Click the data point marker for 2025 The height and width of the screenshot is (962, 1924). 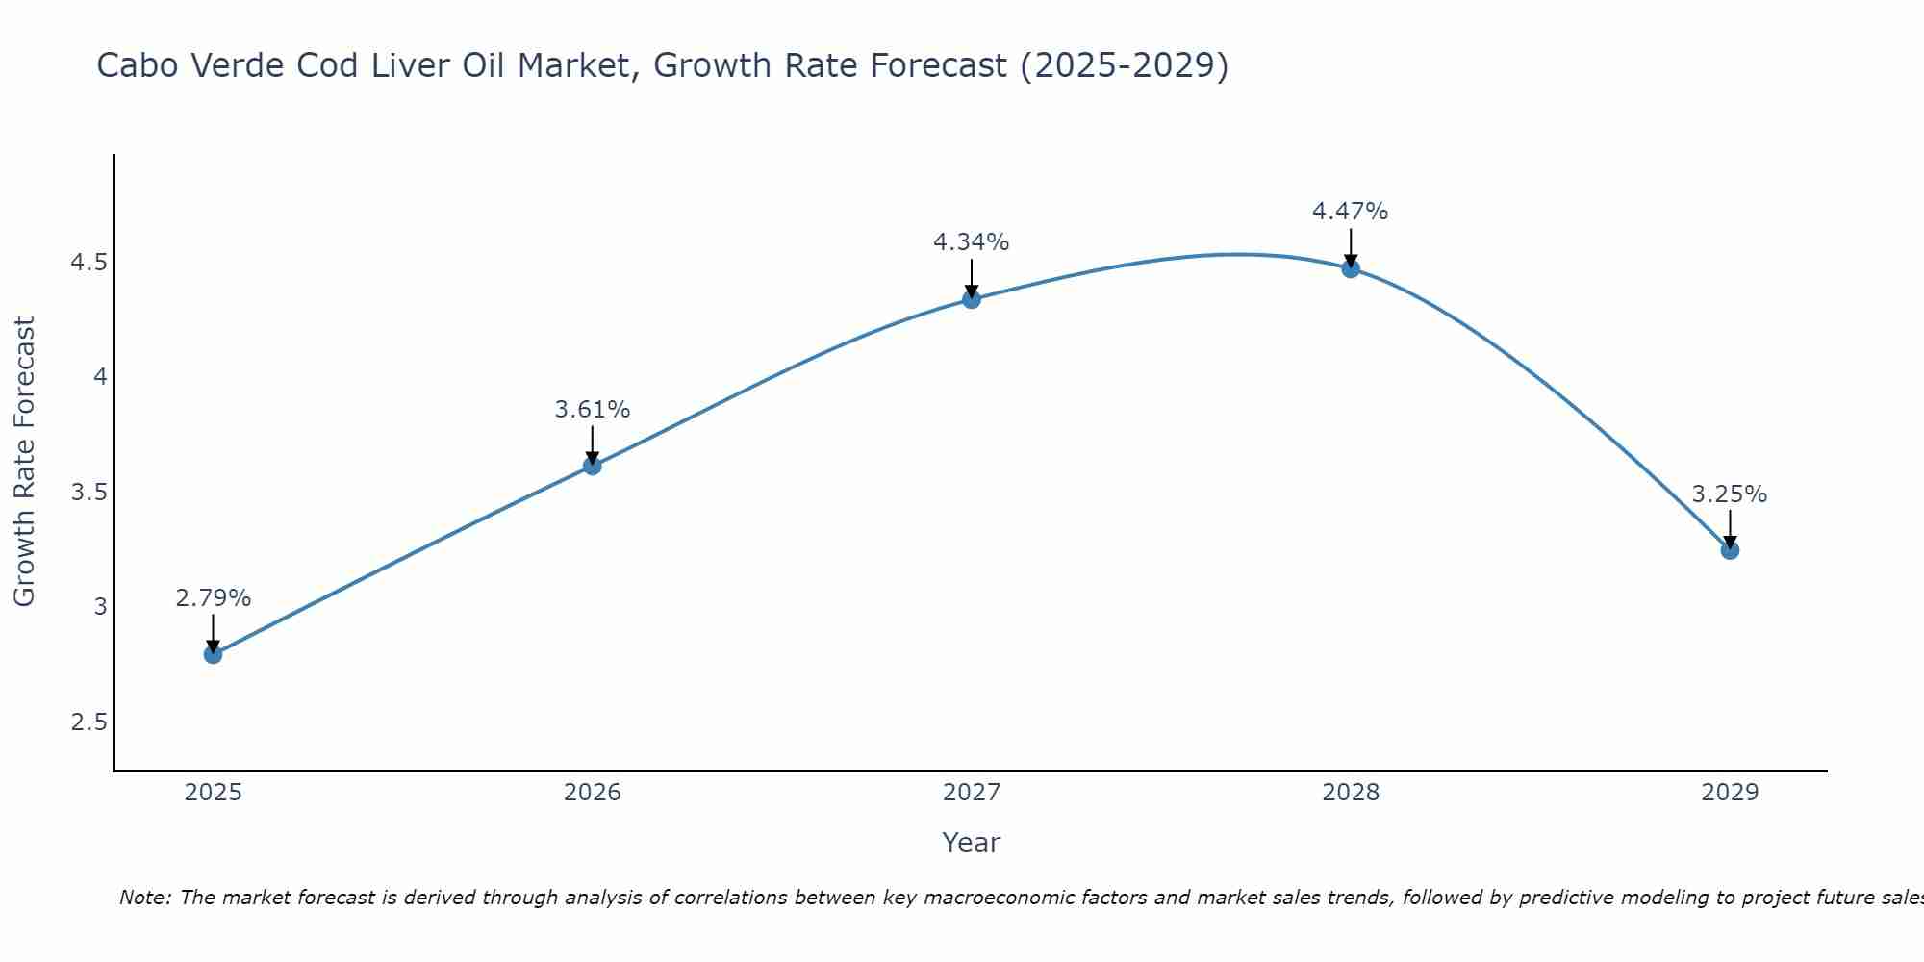[213, 654]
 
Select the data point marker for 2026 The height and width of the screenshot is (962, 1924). [592, 466]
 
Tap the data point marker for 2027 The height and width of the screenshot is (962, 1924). [971, 299]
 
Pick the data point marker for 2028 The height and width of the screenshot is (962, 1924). [1350, 268]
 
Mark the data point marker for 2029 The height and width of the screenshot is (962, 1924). [1729, 550]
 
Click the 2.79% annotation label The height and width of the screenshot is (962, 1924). [213, 598]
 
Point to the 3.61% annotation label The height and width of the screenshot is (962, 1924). [592, 410]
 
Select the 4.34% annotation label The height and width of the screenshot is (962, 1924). [971, 242]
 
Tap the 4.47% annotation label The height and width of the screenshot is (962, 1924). [1350, 212]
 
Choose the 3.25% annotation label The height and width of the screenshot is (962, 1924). [1729, 494]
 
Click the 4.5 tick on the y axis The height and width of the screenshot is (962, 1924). [89, 263]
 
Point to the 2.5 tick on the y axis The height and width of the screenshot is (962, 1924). [89, 722]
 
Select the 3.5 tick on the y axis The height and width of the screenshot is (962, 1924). [89, 493]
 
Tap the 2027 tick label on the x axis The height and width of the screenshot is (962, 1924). [971, 793]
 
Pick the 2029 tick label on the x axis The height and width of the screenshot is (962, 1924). [1729, 793]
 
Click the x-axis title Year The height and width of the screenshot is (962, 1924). [971, 843]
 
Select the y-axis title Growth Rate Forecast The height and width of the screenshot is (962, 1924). [24, 462]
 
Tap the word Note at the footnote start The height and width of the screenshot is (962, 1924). [144, 898]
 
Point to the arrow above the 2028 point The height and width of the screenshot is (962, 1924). [1350, 246]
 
